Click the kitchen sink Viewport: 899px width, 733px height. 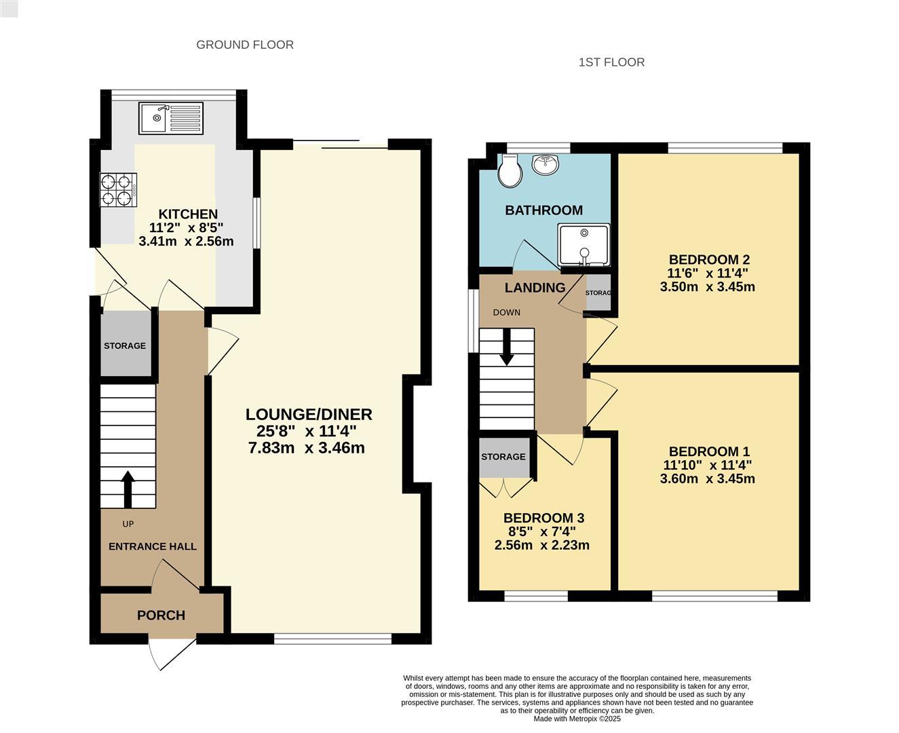[171, 118]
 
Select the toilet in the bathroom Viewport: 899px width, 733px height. [510, 170]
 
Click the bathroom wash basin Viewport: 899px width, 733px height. [546, 164]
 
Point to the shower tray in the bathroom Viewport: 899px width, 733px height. [584, 245]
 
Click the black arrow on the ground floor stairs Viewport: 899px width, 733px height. [128, 489]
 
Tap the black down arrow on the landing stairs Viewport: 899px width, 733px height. [506, 347]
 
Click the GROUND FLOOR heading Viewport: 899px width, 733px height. [245, 45]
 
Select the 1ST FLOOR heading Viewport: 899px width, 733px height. [611, 62]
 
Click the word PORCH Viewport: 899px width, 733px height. [161, 615]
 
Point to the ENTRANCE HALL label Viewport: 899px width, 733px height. [153, 546]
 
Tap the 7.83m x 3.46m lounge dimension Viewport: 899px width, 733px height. [307, 447]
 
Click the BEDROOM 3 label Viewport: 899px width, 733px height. [543, 518]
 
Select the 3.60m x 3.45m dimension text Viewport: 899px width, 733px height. [708, 478]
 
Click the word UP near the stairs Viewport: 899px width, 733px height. [128, 524]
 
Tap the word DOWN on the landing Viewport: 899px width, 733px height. [506, 312]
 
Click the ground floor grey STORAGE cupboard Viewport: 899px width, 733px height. [126, 343]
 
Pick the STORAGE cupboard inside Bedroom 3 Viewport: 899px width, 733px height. [504, 457]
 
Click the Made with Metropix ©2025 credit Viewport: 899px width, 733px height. [577, 719]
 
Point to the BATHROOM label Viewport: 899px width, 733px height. [543, 210]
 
